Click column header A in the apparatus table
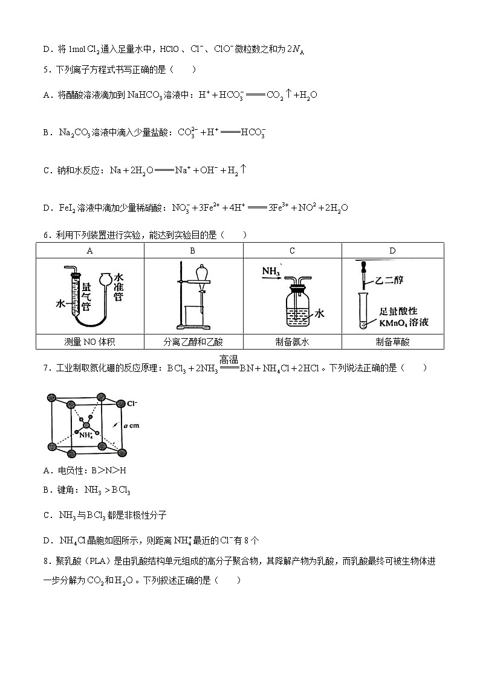coord(90,251)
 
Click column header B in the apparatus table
coord(193,251)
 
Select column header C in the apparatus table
coord(292,251)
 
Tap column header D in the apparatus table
coord(392,251)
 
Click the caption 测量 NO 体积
coord(90,342)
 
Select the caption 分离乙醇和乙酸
coord(193,342)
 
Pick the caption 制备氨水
coord(292,342)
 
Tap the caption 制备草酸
coord(392,342)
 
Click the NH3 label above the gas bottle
coord(271,273)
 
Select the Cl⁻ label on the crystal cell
coord(132,402)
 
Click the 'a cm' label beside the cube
coord(131,426)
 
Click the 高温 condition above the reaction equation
coord(229,359)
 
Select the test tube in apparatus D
coord(364,311)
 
